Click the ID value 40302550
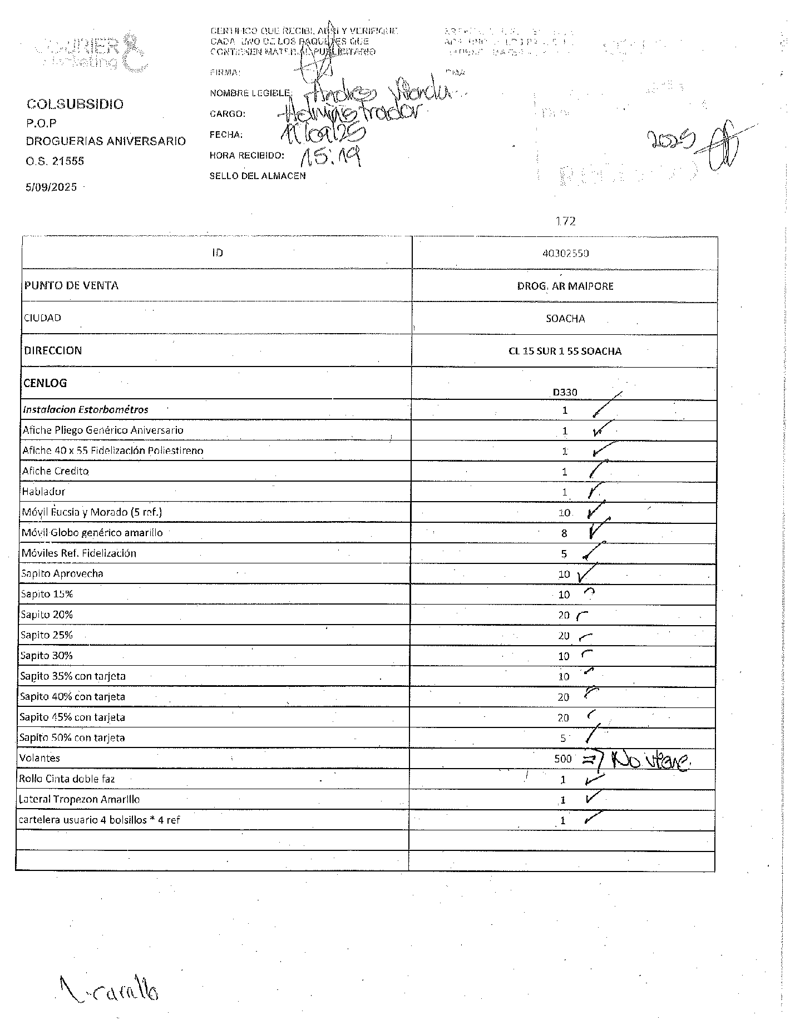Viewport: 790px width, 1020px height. [565, 253]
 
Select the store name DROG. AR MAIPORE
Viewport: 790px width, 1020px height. [565, 286]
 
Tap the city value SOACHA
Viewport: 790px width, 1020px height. [565, 319]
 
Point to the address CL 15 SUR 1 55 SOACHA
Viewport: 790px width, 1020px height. [565, 351]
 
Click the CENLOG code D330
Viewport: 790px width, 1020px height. [565, 392]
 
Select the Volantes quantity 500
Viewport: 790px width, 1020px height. [562, 759]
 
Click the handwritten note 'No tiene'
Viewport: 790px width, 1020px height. [651, 759]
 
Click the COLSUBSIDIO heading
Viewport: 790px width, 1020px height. [75, 104]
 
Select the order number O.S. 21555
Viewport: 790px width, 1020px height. [55, 161]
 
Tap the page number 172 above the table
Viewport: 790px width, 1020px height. [565, 221]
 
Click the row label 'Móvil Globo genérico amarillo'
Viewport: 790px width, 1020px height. [92, 533]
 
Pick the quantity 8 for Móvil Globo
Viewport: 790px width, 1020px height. [564, 533]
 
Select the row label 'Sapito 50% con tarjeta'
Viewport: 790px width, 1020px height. [72, 738]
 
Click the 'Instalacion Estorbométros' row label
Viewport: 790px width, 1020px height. [86, 410]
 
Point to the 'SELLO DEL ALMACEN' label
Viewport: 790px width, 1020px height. [258, 176]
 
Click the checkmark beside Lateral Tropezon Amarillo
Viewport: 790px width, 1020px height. [592, 798]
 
